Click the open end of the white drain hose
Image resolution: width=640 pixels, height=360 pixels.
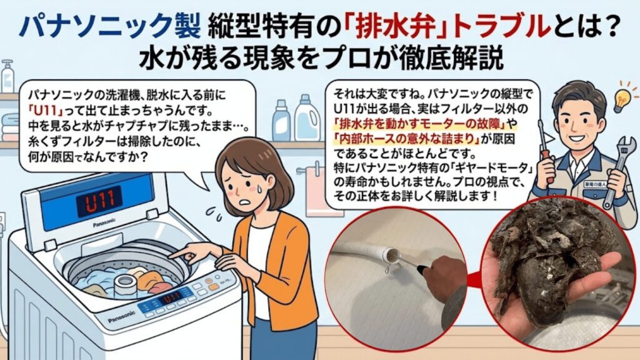coord(392,255)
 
